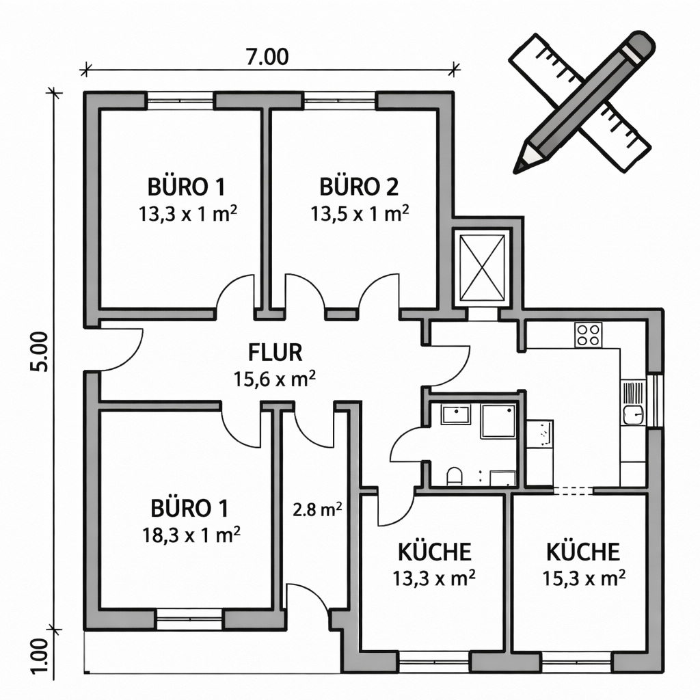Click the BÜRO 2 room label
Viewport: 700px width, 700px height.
click(x=359, y=187)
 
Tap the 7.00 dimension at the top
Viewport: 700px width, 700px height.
click(x=266, y=57)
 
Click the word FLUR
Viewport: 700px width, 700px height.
click(x=275, y=353)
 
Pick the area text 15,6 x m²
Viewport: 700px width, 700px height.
click(x=275, y=379)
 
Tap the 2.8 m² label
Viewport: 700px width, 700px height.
click(x=317, y=510)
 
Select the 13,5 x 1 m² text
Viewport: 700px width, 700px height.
click(x=360, y=213)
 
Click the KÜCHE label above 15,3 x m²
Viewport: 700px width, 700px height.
click(x=583, y=552)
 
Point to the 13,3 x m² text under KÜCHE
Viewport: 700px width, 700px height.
click(x=433, y=578)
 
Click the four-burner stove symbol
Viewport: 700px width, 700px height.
click(x=588, y=334)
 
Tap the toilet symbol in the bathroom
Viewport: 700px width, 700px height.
click(x=455, y=476)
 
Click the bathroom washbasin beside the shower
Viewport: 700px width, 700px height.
click(x=455, y=414)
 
